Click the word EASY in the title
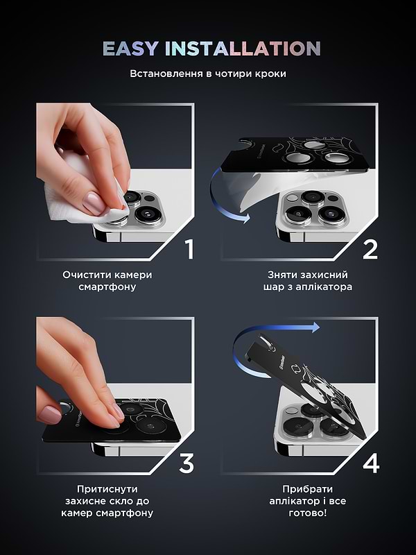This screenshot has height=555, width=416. click(x=130, y=49)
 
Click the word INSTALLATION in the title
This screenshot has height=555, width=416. click(x=243, y=49)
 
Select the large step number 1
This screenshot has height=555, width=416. click(x=190, y=249)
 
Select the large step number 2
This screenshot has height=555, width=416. click(x=370, y=249)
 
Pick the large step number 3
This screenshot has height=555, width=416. click(x=187, y=463)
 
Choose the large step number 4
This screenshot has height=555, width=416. click(x=371, y=463)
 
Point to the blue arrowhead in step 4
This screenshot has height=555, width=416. click(x=315, y=327)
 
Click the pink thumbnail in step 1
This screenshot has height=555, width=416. click(x=94, y=203)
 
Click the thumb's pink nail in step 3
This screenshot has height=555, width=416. click(x=49, y=414)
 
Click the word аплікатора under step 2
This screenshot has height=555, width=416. click(x=324, y=287)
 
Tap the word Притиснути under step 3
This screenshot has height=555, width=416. click(x=107, y=489)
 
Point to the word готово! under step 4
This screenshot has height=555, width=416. click(x=308, y=513)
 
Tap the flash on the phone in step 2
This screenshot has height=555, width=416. click(x=292, y=198)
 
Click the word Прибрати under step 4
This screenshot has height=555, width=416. click(x=307, y=489)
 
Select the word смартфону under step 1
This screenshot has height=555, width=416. click(x=107, y=287)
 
